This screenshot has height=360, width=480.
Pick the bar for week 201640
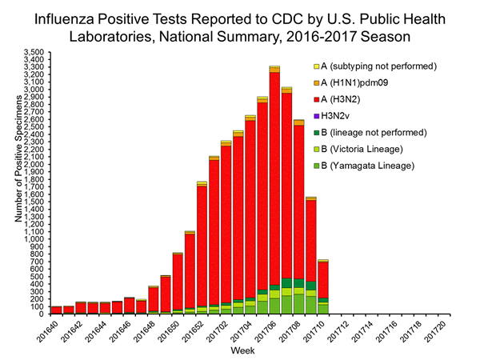(x=56, y=310)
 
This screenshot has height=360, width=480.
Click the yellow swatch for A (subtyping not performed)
(x=316, y=66)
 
